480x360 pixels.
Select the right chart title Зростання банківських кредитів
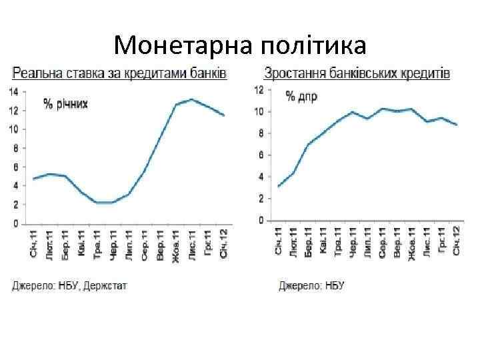tap(357, 72)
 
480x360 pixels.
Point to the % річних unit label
tap(65, 103)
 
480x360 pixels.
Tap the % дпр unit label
tap(301, 97)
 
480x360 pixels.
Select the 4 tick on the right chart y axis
tap(261, 177)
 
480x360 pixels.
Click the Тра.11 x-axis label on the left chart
tap(97, 244)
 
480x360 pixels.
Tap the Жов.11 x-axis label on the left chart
tap(176, 244)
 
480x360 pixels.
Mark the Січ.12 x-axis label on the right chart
tap(456, 240)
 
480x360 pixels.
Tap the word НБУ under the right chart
tap(333, 285)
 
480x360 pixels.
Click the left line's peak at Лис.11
tap(191, 99)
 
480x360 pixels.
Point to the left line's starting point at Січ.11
tap(33, 179)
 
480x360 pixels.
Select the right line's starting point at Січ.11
tap(279, 186)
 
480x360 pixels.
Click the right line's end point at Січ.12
tap(456, 125)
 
